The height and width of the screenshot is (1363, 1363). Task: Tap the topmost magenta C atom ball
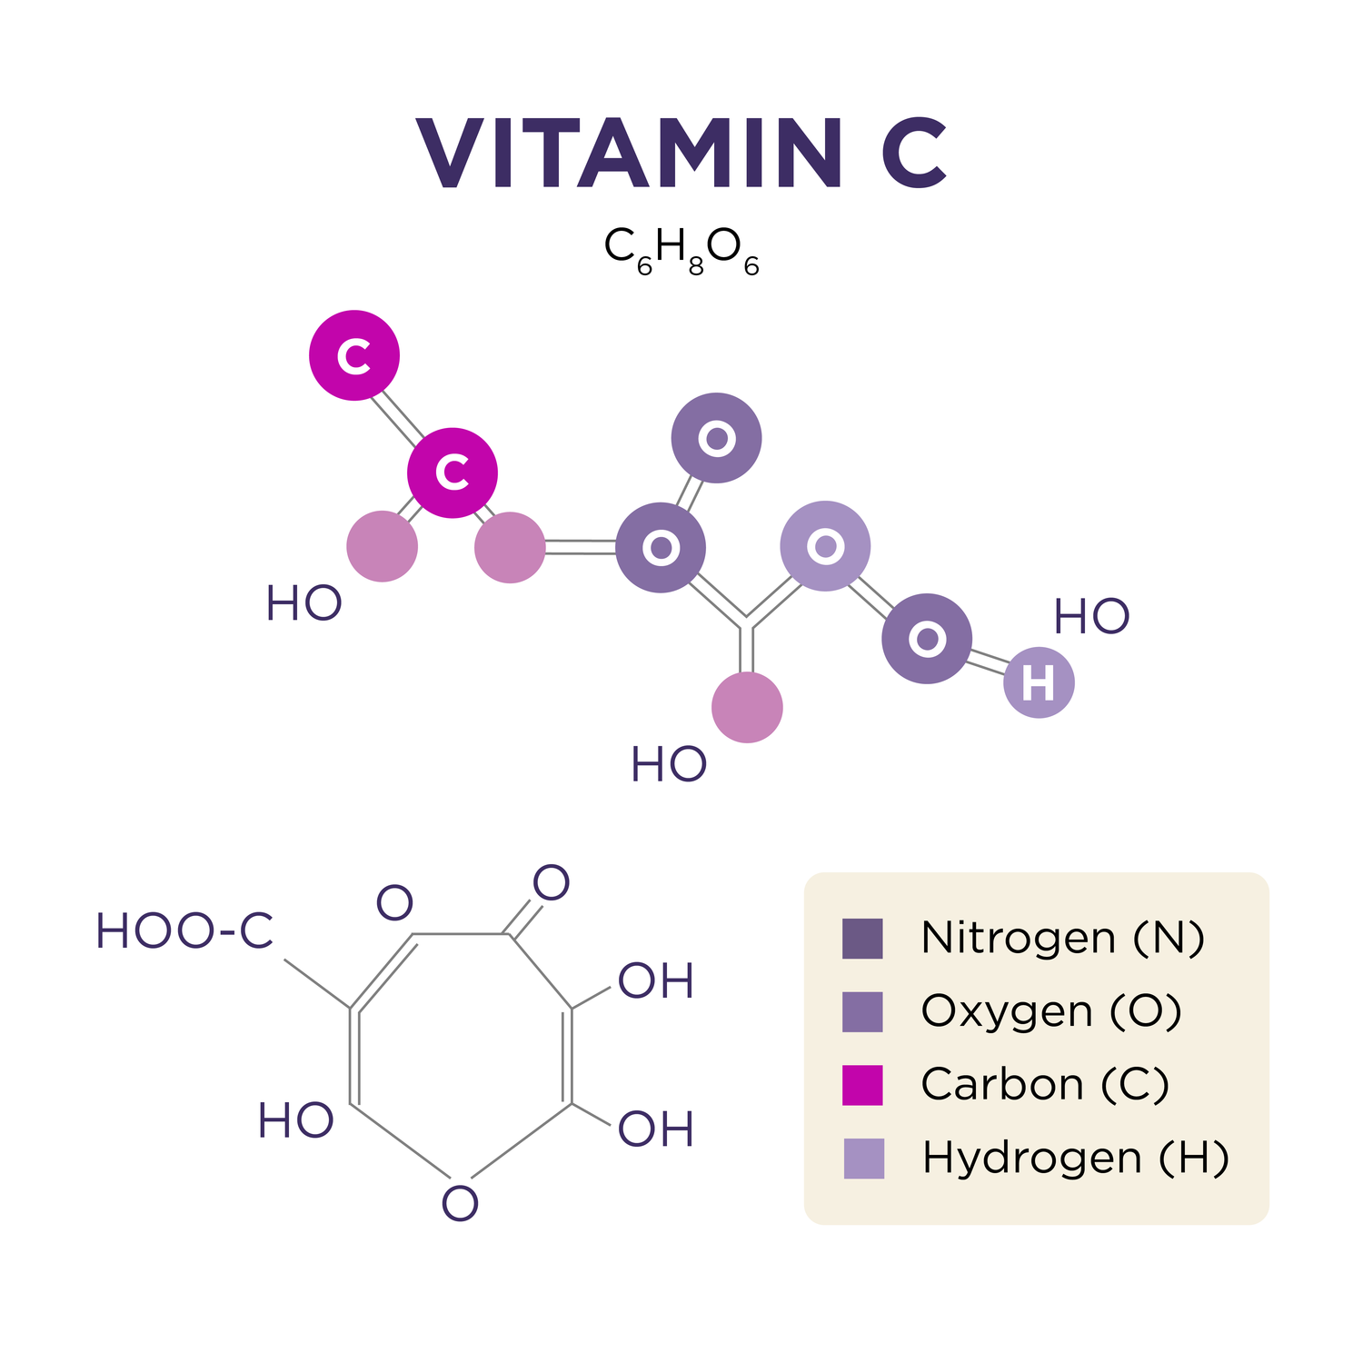pos(354,355)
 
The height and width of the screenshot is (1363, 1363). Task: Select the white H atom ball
pos(1039,682)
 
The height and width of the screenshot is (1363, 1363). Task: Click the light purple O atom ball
pos(825,546)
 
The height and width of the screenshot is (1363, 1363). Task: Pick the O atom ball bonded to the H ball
pos(927,639)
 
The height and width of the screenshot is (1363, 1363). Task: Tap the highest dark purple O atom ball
pos(716,438)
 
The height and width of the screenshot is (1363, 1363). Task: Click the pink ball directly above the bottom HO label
pos(747,707)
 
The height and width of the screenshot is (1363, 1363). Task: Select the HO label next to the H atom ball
pos(1091,618)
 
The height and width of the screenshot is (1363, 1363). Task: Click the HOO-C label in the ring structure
pos(184,931)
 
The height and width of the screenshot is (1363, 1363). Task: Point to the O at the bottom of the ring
pos(460,1204)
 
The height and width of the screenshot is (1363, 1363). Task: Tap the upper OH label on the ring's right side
pos(656,981)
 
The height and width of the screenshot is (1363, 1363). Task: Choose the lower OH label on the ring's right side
pos(656,1129)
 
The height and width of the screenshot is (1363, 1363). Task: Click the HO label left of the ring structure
pos(295,1120)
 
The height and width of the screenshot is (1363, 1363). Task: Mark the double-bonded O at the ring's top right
pos(551,882)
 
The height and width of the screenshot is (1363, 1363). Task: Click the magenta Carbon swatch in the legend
pos(862,1085)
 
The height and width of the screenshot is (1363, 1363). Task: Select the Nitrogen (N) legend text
pos(1062,938)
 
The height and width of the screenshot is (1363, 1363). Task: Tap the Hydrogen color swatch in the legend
pos(863,1159)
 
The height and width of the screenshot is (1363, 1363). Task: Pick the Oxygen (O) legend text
pos(1051,1011)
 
